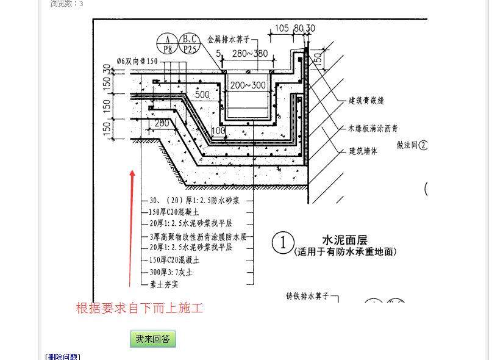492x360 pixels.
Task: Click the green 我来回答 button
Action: click(x=152, y=339)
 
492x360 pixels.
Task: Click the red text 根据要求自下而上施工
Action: click(x=139, y=308)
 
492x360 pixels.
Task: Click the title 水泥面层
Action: click(x=346, y=240)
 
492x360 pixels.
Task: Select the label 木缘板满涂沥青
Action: click(x=373, y=128)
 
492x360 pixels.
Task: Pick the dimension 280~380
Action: click(x=249, y=54)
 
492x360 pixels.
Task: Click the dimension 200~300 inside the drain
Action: click(x=248, y=85)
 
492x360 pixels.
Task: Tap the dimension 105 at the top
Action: click(x=282, y=28)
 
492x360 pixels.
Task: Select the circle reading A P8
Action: click(x=167, y=45)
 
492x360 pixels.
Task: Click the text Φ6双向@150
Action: click(x=129, y=61)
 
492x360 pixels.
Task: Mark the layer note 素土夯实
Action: click(x=163, y=284)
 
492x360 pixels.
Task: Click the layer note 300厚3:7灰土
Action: click(x=171, y=272)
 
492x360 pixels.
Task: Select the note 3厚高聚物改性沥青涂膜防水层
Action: click(x=198, y=236)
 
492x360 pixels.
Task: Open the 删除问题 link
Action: click(x=63, y=356)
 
